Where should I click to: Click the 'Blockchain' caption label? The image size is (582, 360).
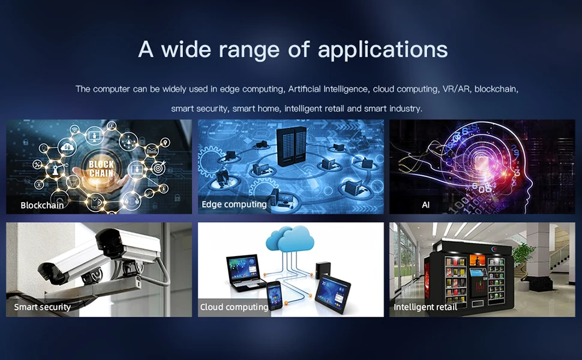click(x=42, y=205)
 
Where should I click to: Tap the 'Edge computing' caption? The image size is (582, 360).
click(x=234, y=205)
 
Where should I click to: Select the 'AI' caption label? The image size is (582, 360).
click(x=426, y=205)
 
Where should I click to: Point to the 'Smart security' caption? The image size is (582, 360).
click(x=43, y=307)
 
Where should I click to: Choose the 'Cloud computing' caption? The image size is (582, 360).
click(x=234, y=307)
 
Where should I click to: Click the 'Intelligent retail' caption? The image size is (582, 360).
click(x=425, y=307)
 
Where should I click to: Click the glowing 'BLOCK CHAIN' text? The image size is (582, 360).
click(x=101, y=169)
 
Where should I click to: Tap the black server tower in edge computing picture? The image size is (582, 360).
click(x=292, y=146)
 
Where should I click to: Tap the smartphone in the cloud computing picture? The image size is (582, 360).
click(x=275, y=295)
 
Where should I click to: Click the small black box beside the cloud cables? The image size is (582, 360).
click(x=323, y=270)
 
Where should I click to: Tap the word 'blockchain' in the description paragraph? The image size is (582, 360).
click(x=496, y=89)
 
